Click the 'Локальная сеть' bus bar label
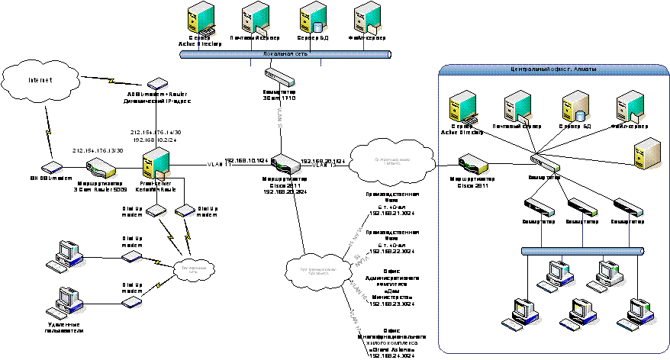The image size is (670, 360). point(285,55)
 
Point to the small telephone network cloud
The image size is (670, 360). point(195,268)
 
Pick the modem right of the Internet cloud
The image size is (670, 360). point(157,83)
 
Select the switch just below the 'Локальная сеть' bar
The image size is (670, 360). point(280,76)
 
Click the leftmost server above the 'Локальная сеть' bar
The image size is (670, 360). point(202,21)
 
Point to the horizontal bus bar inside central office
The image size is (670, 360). point(581,250)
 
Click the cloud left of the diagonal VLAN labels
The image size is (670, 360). point(314,270)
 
